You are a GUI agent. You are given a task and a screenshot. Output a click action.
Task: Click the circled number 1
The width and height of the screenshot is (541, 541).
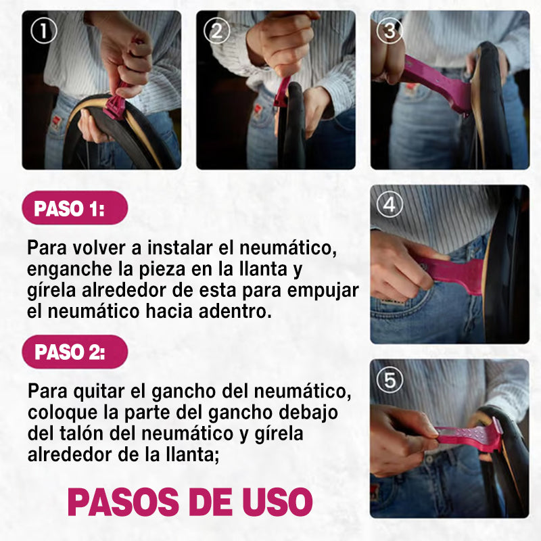[x=44, y=31]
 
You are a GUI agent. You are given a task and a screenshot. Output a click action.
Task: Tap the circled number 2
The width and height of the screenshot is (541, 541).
[x=217, y=31]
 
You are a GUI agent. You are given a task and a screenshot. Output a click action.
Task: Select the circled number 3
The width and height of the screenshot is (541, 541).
[x=390, y=30]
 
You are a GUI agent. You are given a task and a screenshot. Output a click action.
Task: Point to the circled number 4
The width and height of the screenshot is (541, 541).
[x=390, y=205]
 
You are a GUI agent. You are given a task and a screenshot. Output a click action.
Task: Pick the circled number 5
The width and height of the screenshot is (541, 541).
[x=390, y=379]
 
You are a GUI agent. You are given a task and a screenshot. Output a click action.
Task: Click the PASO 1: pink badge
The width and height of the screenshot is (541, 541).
[x=75, y=208]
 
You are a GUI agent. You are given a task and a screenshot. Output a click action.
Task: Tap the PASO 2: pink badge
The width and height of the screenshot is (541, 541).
[x=75, y=352]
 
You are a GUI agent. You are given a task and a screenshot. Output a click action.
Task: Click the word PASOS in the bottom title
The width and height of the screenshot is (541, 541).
[x=123, y=502]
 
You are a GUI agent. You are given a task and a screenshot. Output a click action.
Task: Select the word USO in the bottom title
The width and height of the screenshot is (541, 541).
[x=277, y=502]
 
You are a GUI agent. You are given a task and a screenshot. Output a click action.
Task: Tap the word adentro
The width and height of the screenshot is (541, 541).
[x=235, y=311]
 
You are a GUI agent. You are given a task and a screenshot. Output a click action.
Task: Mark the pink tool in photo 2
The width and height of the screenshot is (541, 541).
[x=282, y=91]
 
